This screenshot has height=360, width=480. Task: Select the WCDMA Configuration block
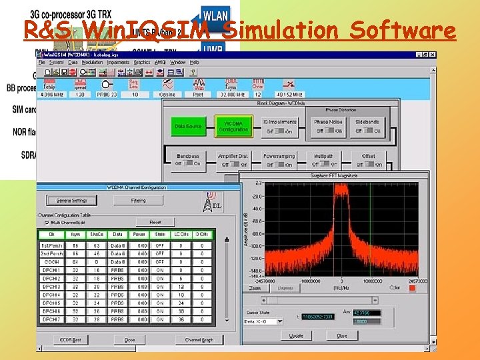(233, 125)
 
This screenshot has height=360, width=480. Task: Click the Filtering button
(138, 200)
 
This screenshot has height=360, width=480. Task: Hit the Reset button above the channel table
(155, 222)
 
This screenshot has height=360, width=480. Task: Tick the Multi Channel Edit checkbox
(47, 223)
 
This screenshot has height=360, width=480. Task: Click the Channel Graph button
(199, 340)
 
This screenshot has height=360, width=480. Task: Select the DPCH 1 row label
(51, 270)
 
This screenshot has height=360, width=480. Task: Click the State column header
(160, 235)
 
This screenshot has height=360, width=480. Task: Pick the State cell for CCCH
(160, 262)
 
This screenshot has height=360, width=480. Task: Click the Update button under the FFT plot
(296, 336)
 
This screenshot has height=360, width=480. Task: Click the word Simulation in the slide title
(284, 30)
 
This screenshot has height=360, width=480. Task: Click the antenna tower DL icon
(213, 200)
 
